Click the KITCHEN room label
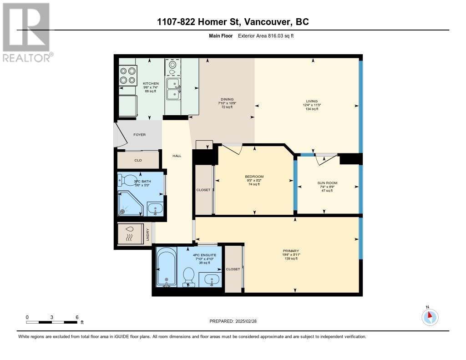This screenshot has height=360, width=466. click(151, 84)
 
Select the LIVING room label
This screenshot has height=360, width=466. click(312, 101)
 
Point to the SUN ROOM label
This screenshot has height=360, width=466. click(327, 183)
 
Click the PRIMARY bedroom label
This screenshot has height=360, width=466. click(290, 251)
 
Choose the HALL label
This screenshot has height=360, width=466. click(177, 156)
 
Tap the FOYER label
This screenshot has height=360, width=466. click(139, 135)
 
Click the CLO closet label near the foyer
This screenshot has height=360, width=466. click(138, 160)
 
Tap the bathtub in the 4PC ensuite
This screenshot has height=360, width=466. click(167, 268)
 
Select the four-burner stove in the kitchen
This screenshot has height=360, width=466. click(128, 76)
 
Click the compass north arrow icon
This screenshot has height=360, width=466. click(430, 316)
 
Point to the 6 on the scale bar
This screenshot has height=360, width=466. click(77, 317)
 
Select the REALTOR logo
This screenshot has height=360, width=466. click(26, 32)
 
